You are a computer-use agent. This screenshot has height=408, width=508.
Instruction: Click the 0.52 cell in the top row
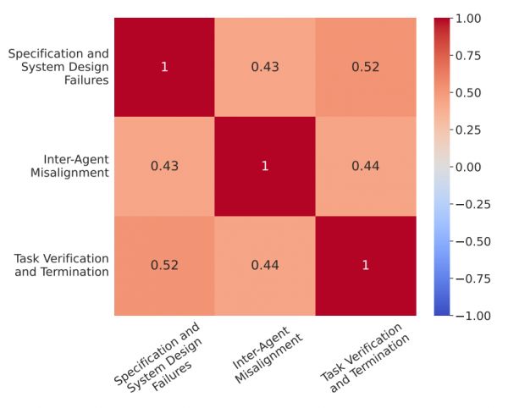pos(365,66)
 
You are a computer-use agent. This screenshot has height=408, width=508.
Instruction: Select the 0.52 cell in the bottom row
pos(164,266)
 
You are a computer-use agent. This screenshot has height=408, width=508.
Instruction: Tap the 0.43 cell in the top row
pos(264,66)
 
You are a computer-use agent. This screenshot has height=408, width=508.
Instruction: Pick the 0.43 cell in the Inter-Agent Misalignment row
pos(164,166)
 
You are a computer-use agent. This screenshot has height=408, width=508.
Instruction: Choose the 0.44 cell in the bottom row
pos(264,266)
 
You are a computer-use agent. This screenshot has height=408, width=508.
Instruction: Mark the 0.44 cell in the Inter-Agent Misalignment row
pos(365,166)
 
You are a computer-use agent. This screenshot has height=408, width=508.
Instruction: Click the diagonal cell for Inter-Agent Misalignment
pos(264,166)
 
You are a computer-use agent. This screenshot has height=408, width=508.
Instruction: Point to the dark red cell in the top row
pos(164,66)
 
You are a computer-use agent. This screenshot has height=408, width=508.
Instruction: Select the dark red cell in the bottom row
pos(365,266)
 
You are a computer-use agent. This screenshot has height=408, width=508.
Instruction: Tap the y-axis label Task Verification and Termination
pos(62,265)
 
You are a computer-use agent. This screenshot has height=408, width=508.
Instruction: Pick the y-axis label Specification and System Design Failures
pos(58,66)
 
